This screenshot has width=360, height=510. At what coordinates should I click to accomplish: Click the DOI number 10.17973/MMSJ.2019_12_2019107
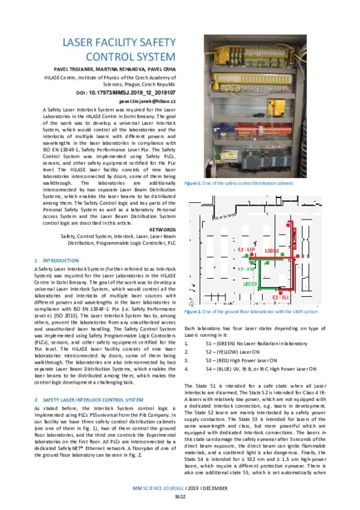pyautogui.click(x=125, y=91)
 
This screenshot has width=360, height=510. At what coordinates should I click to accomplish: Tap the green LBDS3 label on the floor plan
pyautogui.click(x=249, y=284)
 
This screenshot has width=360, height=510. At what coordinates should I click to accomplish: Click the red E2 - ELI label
pyautogui.click(x=283, y=297)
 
